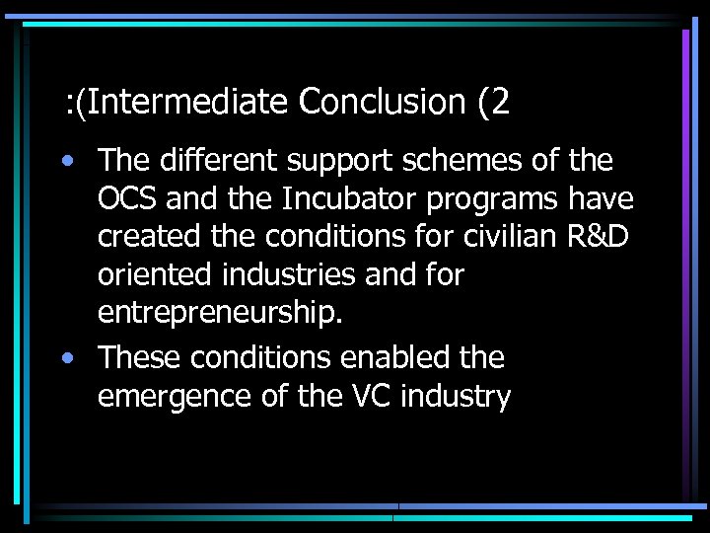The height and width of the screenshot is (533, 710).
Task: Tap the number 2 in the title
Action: [x=502, y=101]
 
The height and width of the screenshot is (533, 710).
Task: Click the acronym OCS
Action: [x=128, y=199]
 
